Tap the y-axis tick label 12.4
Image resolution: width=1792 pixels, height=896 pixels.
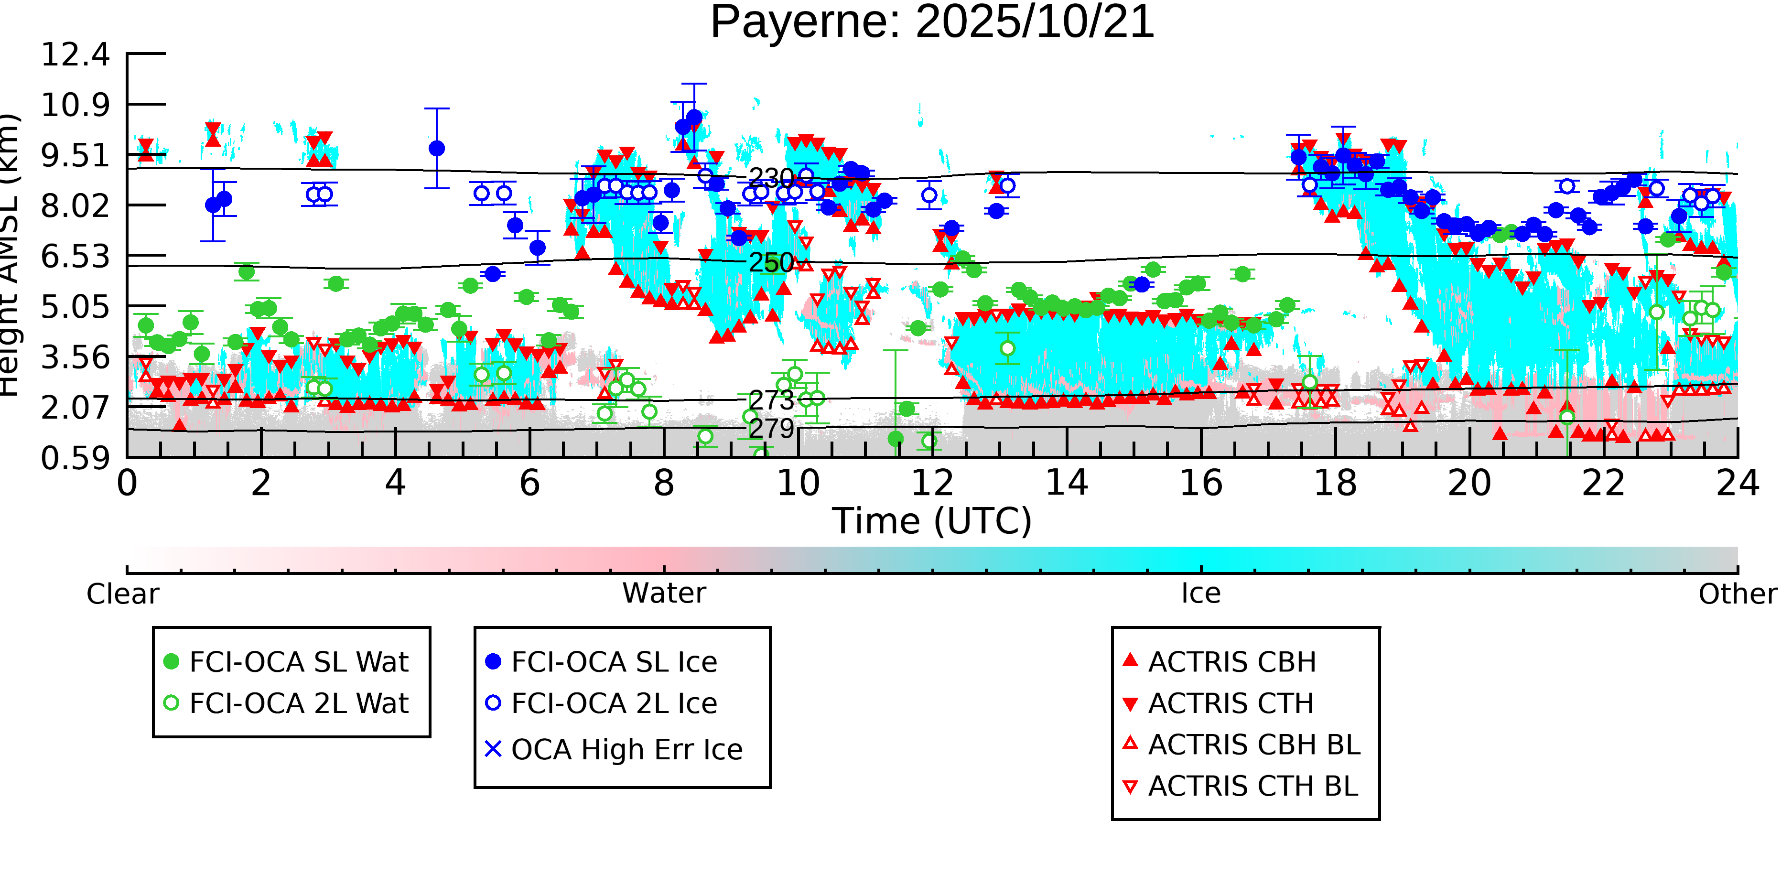[x=75, y=55]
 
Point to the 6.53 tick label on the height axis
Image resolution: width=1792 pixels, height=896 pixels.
[x=75, y=257]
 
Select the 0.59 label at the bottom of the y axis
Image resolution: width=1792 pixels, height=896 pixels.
[x=75, y=458]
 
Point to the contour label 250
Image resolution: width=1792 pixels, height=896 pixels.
[x=771, y=263]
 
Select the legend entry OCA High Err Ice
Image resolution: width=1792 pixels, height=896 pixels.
[x=626, y=750]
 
